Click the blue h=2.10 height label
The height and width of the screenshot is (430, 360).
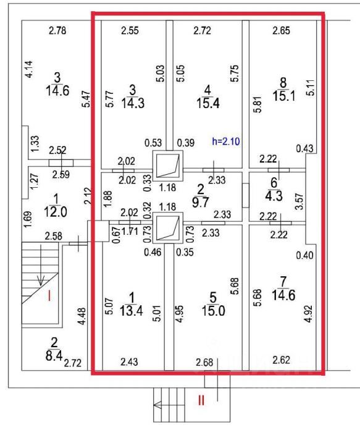(x=226, y=141)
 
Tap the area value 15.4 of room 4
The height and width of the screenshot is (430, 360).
(x=208, y=103)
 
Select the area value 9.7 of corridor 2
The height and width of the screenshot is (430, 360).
(x=201, y=203)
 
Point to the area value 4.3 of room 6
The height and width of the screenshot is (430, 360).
(x=274, y=196)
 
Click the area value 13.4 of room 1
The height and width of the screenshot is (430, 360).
(x=131, y=311)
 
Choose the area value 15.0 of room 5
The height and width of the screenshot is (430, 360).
(x=213, y=311)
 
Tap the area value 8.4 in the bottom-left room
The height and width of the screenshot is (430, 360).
(x=54, y=355)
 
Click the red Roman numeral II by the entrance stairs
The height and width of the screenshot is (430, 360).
(x=201, y=401)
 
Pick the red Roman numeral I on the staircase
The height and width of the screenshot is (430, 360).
(x=49, y=295)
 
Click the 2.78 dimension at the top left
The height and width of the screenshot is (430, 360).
(x=57, y=30)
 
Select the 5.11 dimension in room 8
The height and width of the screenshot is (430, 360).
(x=311, y=88)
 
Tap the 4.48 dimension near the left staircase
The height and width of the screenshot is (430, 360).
(x=82, y=316)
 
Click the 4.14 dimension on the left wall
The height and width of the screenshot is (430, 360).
(x=28, y=69)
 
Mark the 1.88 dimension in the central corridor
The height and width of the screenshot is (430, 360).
(x=108, y=198)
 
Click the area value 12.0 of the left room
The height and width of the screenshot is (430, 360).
(x=56, y=212)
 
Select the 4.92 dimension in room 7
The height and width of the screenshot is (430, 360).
(x=309, y=314)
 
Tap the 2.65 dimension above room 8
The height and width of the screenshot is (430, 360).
(x=282, y=30)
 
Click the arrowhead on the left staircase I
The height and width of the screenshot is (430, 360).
(x=41, y=281)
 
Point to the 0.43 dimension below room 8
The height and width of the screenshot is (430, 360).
(x=304, y=148)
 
